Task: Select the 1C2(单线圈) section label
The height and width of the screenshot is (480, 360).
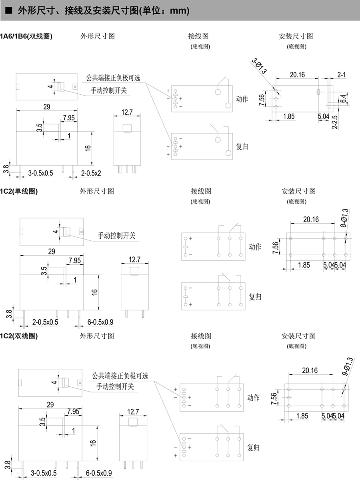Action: [x=19, y=191]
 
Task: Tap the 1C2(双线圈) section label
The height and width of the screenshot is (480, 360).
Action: [x=19, y=336]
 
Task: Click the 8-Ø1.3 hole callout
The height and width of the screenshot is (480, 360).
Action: [x=345, y=218]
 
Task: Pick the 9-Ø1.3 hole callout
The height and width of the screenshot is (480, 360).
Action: [x=347, y=366]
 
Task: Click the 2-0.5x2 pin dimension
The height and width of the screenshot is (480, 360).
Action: [x=91, y=173]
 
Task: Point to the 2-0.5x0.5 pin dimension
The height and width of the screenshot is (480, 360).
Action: [x=45, y=322]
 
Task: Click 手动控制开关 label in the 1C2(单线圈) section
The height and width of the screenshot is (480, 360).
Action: [x=117, y=236]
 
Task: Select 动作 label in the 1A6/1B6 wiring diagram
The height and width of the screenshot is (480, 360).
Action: [x=242, y=99]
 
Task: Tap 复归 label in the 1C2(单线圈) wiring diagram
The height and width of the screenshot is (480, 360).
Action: [x=255, y=297]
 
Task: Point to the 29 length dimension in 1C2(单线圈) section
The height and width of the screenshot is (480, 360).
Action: [x=51, y=252]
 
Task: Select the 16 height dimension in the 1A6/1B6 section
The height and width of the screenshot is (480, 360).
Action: [x=88, y=147]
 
